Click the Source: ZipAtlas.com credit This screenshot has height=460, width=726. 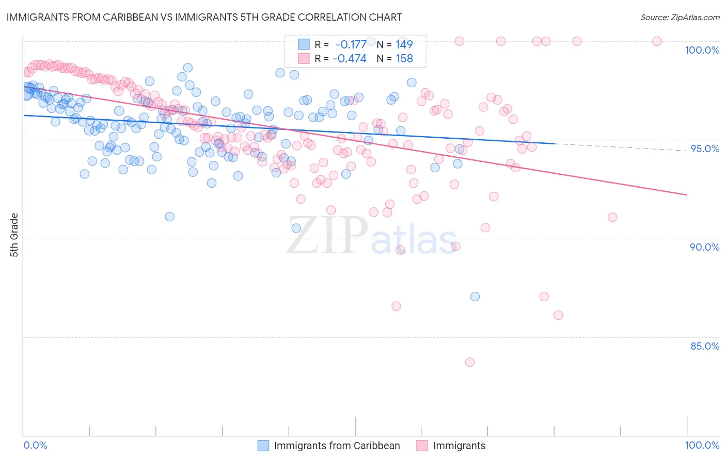(x=680, y=17)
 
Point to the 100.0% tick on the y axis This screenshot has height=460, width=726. (x=702, y=50)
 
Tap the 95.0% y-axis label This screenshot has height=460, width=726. (x=705, y=149)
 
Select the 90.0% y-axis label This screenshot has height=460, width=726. (x=705, y=247)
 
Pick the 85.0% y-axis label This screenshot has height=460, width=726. (x=705, y=346)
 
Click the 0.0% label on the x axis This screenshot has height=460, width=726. (x=35, y=445)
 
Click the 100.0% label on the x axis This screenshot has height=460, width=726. (x=702, y=445)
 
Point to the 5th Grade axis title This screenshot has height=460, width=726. (x=14, y=235)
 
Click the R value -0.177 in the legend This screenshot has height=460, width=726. (x=351, y=44)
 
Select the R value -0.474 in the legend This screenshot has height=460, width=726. (x=350, y=59)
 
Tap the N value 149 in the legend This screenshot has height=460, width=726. (x=404, y=44)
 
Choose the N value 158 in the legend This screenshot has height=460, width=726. (x=404, y=59)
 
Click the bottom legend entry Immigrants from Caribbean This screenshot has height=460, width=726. (x=337, y=446)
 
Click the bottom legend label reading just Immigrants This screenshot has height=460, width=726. (x=459, y=446)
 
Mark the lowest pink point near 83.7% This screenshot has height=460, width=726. (x=470, y=362)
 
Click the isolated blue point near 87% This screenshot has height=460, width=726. (x=475, y=297)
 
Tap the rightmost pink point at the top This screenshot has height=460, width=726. (x=657, y=41)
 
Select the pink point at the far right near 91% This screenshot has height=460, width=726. (x=612, y=217)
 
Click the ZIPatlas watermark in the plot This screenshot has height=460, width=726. (x=372, y=236)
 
